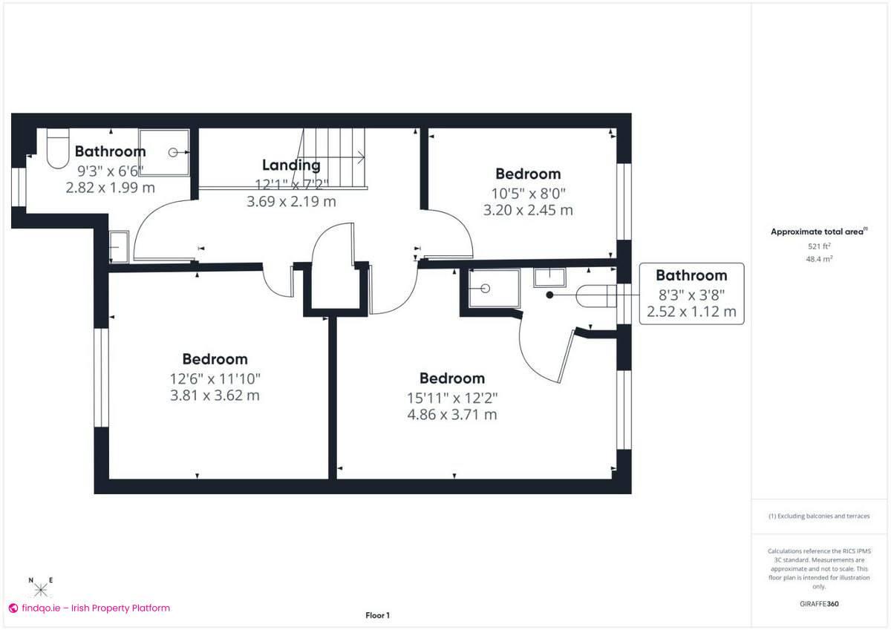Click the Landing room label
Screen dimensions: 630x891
pyautogui.click(x=291, y=165)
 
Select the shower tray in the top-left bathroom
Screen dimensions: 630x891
pyautogui.click(x=163, y=152)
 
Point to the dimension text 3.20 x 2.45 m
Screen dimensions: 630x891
pyautogui.click(x=528, y=210)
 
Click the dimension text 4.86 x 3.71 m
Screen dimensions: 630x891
pyautogui.click(x=451, y=415)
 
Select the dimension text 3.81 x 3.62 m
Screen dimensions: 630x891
pyautogui.click(x=215, y=396)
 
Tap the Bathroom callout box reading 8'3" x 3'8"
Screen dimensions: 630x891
pyautogui.click(x=691, y=294)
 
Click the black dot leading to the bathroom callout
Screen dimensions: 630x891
pyautogui.click(x=550, y=295)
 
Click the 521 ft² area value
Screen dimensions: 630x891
pyautogui.click(x=819, y=246)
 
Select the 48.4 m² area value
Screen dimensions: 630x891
pyautogui.click(x=819, y=260)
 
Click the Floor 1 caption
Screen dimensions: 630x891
pyautogui.click(x=377, y=615)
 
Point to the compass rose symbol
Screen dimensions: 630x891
pyautogui.click(x=41, y=589)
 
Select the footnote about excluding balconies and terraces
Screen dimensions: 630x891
pyautogui.click(x=819, y=516)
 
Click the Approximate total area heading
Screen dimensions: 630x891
pyautogui.click(x=817, y=232)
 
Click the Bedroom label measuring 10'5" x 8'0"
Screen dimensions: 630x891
pyautogui.click(x=528, y=174)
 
